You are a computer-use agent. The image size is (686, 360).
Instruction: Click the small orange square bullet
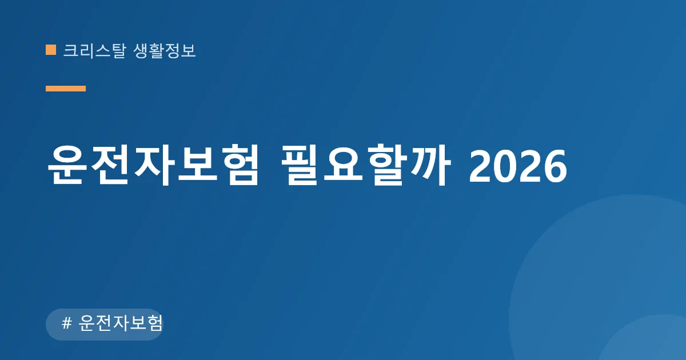coord(51,50)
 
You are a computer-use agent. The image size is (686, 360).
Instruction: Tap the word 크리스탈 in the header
coord(94,50)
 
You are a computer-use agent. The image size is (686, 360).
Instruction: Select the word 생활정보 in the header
coord(165,50)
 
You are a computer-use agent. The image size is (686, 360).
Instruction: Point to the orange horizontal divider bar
coord(66,89)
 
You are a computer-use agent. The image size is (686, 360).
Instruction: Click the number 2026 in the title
coord(518,167)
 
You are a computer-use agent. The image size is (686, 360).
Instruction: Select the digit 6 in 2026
coord(555,167)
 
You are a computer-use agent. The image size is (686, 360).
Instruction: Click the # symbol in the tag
coord(67,323)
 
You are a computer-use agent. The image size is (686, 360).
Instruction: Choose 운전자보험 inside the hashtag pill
coord(121,323)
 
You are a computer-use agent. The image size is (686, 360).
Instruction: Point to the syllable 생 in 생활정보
coord(141,51)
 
